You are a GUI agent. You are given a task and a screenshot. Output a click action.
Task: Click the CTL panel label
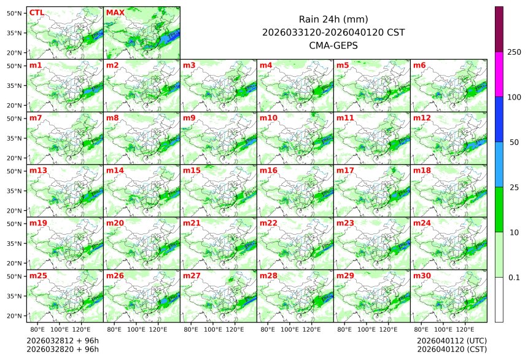[37, 12]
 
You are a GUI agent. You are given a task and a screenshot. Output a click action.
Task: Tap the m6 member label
[421, 65]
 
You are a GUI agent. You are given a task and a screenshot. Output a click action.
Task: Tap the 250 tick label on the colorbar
[514, 52]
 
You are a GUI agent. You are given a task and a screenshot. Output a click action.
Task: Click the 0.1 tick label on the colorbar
[514, 278]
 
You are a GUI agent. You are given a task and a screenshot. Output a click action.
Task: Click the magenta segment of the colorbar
[499, 74]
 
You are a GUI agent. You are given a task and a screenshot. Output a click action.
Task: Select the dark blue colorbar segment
[499, 119]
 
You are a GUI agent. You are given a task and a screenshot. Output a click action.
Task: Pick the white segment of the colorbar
[499, 299]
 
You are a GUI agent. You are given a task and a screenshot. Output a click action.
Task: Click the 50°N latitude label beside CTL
[15, 13]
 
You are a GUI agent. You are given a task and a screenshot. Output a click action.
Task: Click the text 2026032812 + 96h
[63, 340]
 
